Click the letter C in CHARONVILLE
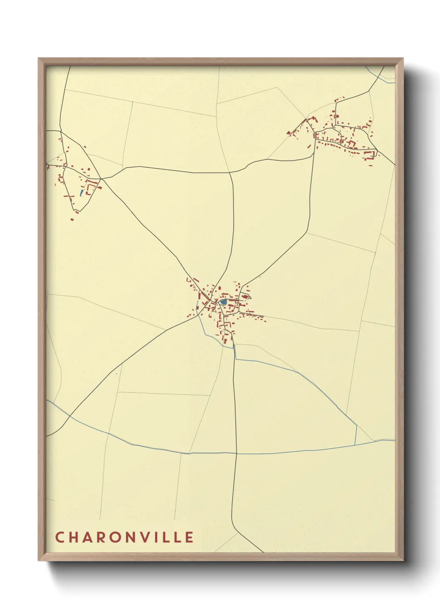(x=59, y=537)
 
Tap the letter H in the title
(x=73, y=537)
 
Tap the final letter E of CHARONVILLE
(x=190, y=537)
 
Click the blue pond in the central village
(x=223, y=302)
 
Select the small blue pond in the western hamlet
(x=81, y=193)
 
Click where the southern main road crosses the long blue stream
(x=236, y=453)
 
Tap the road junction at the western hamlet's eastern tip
(x=101, y=179)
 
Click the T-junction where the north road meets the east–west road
(x=230, y=172)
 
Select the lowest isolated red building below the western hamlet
(x=72, y=219)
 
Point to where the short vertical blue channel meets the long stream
(x=356, y=444)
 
